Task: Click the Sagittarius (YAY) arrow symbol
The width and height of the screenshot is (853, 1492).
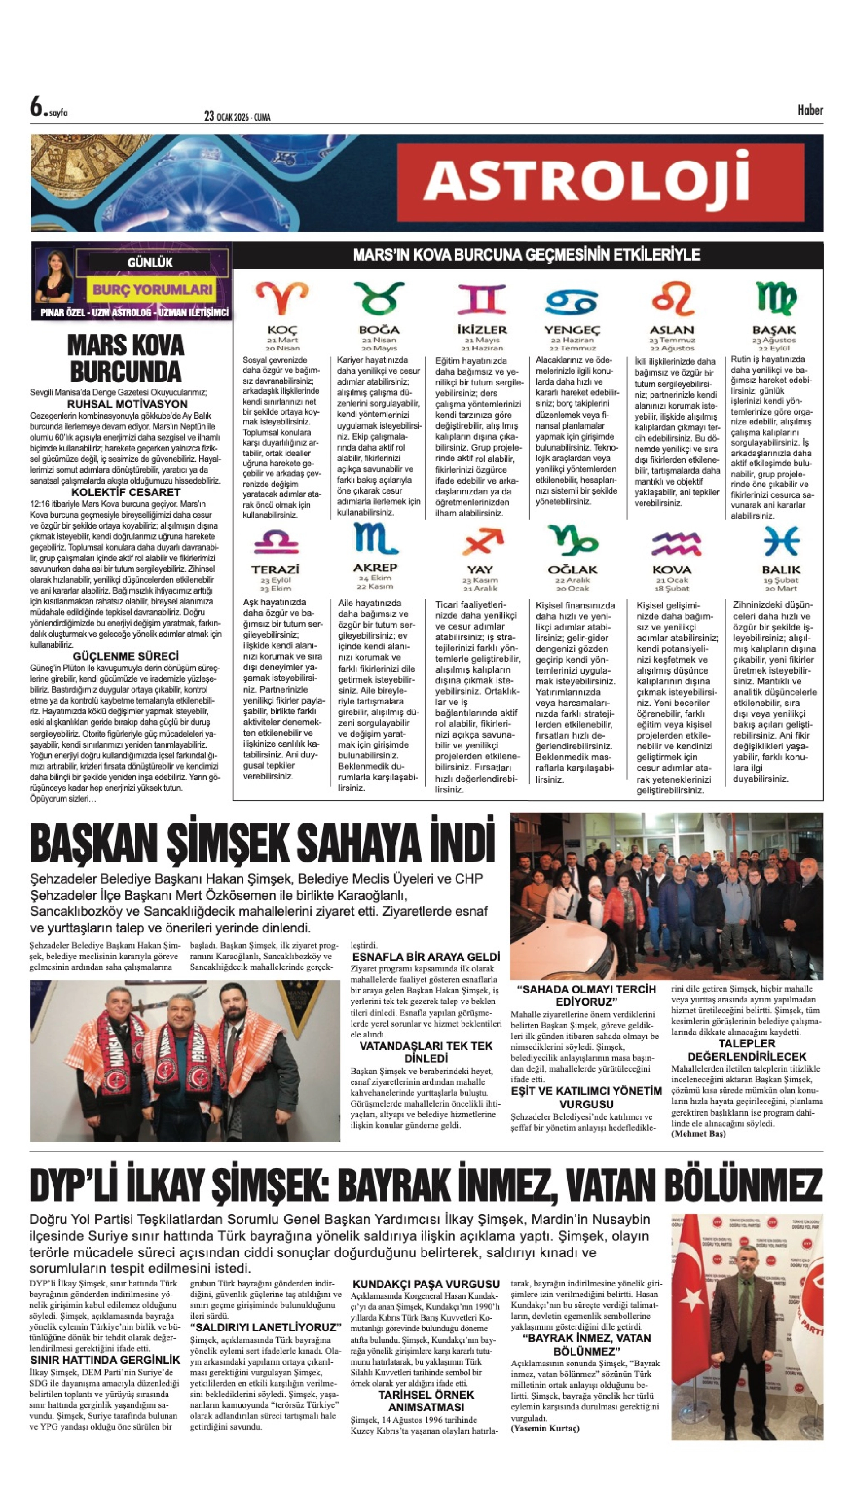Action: pyautogui.click(x=482, y=542)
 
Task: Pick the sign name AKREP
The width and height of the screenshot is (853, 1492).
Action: pyautogui.click(x=375, y=567)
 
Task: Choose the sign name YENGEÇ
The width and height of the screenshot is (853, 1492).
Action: pyautogui.click(x=572, y=330)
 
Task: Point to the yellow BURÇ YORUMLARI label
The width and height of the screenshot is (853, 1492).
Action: pyautogui.click(x=152, y=289)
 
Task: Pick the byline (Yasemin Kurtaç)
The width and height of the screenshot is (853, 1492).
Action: pyautogui.click(x=545, y=1428)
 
